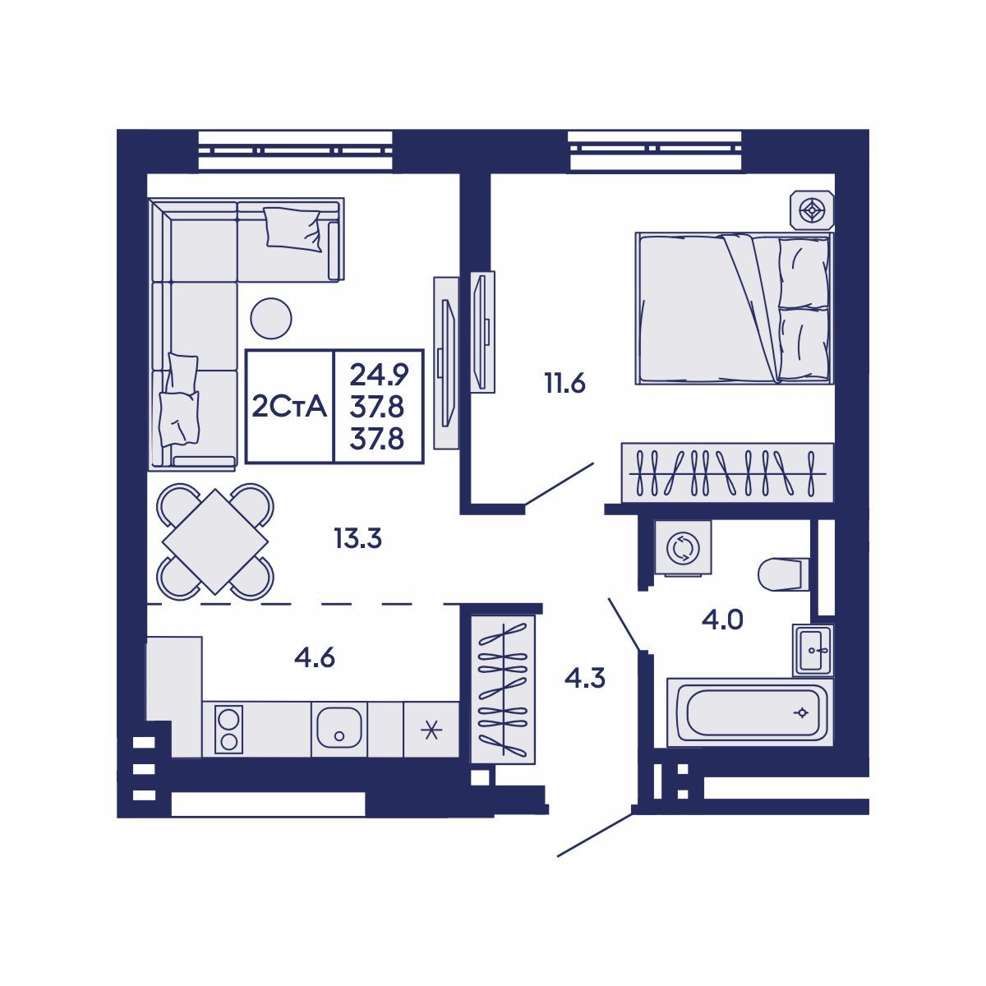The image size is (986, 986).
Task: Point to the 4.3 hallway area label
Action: coord(585,678)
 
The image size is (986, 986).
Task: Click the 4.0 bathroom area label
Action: coord(722,619)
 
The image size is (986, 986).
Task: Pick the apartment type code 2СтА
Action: coord(289,407)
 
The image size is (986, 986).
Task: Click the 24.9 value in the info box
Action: coord(378,375)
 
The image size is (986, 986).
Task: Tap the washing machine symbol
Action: coord(681,548)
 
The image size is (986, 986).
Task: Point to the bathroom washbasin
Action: coord(813,649)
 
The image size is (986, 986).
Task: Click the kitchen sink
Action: coord(339,729)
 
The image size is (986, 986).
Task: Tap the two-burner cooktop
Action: coord(228,729)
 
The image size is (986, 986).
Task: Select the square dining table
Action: coord(215,541)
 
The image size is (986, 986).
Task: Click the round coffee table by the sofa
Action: coord(270,318)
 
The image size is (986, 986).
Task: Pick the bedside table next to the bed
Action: coord(813,210)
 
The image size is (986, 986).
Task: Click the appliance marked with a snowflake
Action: coord(431,729)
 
